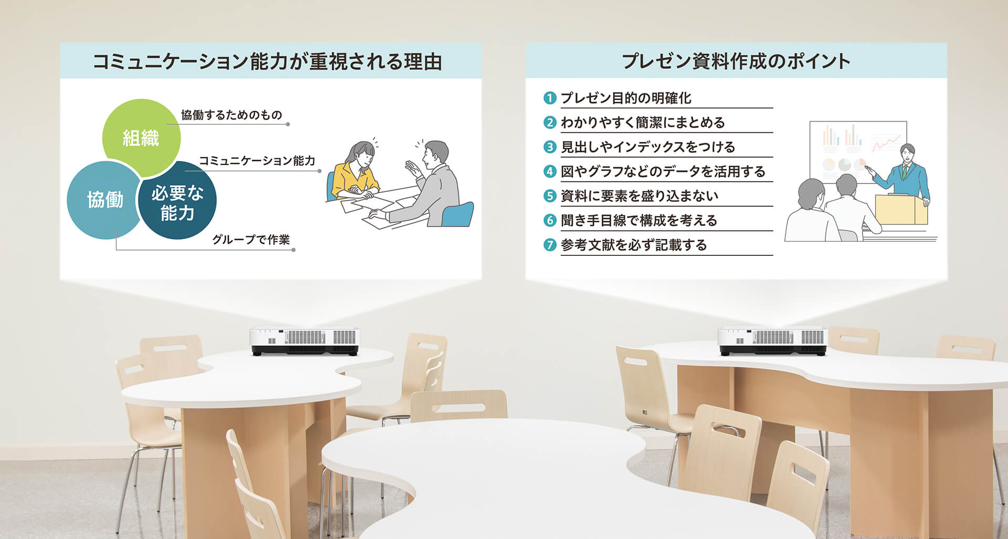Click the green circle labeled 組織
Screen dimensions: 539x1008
141,137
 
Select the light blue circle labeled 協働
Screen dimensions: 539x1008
103,200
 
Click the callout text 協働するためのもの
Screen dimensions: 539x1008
232,115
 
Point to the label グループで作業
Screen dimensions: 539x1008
251,240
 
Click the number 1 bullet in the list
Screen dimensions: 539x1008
549,98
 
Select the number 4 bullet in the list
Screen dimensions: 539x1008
549,171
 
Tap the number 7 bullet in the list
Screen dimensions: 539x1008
549,245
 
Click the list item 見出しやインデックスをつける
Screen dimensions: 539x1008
648,147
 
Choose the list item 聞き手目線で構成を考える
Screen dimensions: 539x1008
639,220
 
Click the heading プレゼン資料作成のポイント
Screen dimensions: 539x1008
736,61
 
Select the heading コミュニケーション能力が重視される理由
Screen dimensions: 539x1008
267,61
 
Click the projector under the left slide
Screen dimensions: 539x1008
304,341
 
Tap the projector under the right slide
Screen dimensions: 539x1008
773,341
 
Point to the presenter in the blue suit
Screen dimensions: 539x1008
907,173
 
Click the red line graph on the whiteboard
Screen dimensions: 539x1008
886,142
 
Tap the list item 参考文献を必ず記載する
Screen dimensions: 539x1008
634,245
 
